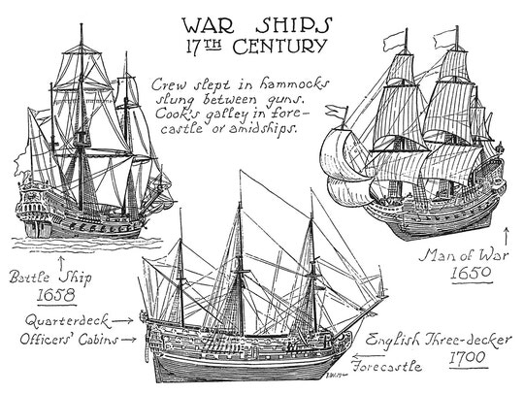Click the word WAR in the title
[x=208, y=25]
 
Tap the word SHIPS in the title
[x=294, y=25]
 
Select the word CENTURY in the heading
[x=279, y=47]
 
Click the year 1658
[x=56, y=295]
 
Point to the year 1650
[x=472, y=273]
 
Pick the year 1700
[x=467, y=358]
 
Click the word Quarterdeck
[x=67, y=321]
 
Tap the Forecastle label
[x=387, y=366]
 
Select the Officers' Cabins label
[x=69, y=340]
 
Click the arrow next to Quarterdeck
[x=122, y=321]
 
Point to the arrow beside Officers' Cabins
[x=129, y=340]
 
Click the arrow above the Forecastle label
[x=369, y=355]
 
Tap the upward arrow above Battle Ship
[x=61, y=263]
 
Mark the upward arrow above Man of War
[x=507, y=237]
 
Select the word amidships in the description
[x=262, y=128]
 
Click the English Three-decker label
[x=438, y=340]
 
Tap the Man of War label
[x=464, y=255]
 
